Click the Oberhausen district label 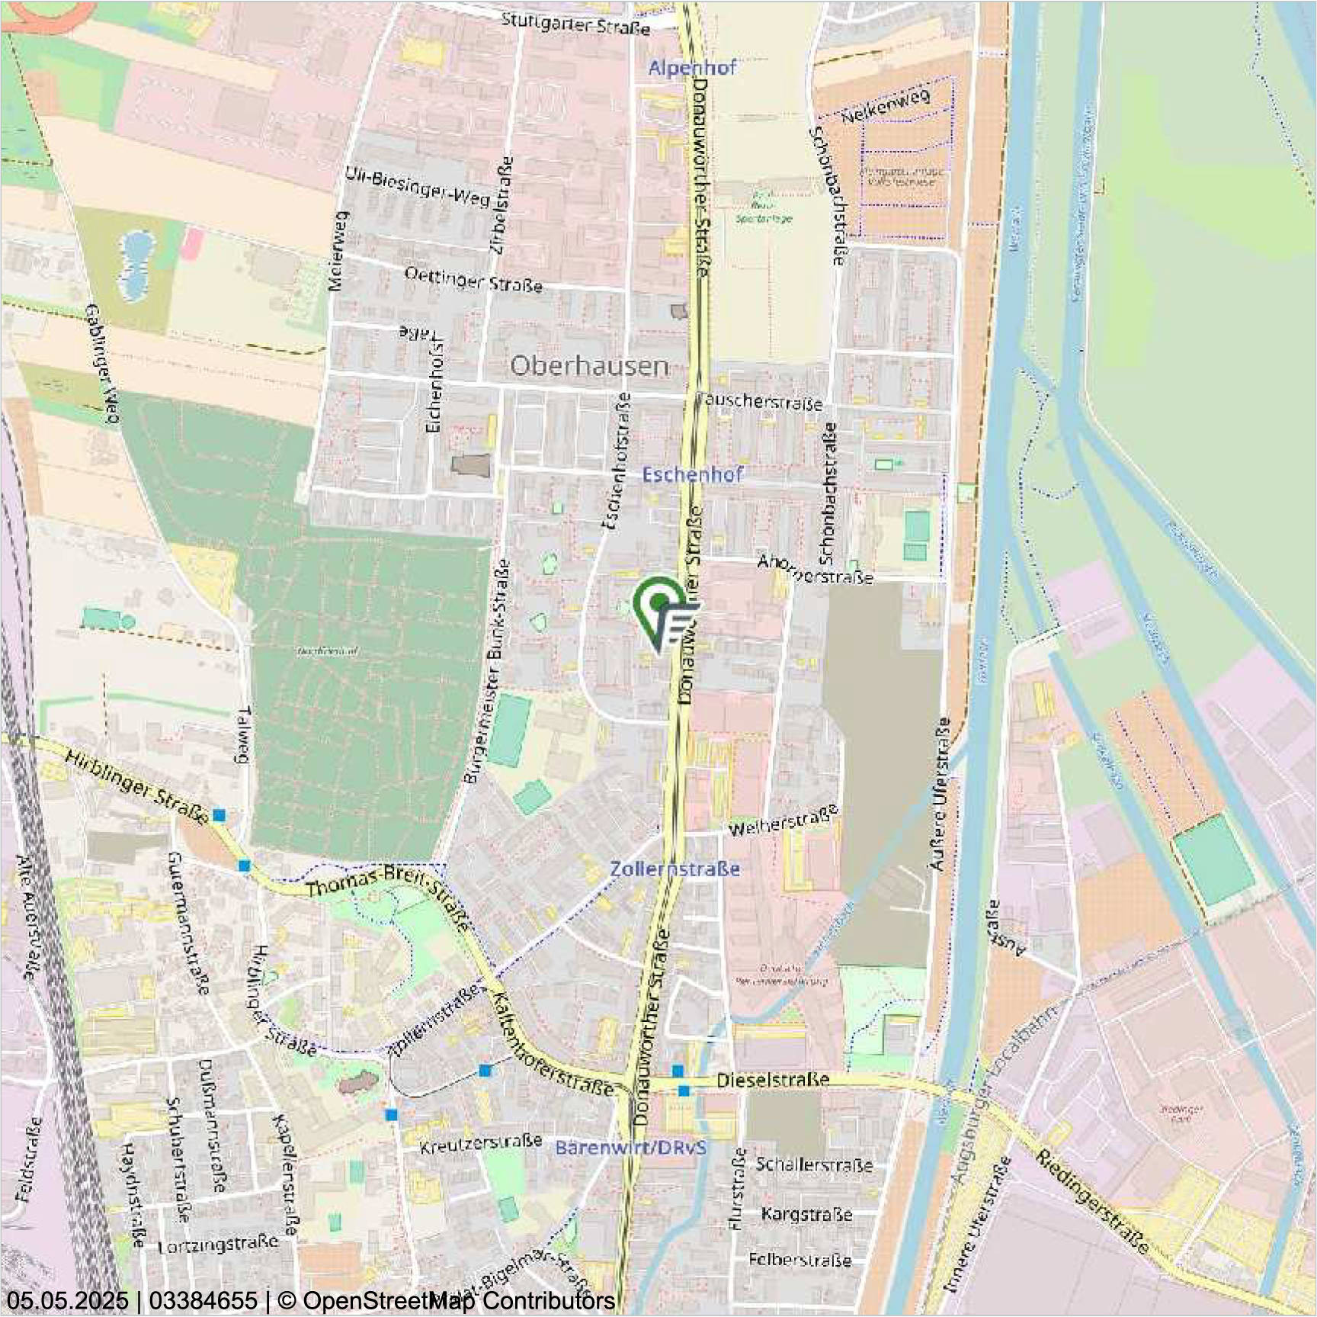[589, 366]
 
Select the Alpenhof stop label [692, 68]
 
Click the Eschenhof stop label [692, 474]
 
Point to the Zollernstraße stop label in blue [675, 869]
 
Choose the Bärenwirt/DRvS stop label [631, 1148]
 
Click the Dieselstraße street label [773, 1080]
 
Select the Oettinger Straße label [473, 279]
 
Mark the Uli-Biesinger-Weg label [418, 186]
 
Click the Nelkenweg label [886, 107]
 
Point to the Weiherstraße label [783, 820]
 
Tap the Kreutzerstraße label [481, 1143]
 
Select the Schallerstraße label [814, 1164]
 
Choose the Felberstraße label [799, 1259]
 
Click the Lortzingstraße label [218, 1245]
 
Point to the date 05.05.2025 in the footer [67, 1300]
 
